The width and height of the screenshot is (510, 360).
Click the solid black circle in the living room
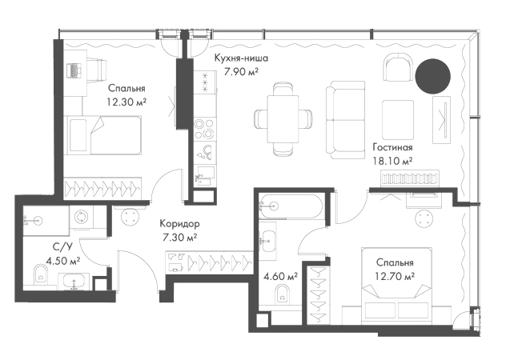coord(432,76)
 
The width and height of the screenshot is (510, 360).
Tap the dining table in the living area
coord(283,118)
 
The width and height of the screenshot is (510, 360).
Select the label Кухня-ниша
coord(241,58)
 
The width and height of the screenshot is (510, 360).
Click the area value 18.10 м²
coord(392,161)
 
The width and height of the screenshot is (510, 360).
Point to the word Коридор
coord(179,224)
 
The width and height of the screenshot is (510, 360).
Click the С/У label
coord(62,247)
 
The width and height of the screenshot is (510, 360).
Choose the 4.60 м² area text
coord(280,277)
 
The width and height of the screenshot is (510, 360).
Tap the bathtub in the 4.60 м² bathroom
coord(291,206)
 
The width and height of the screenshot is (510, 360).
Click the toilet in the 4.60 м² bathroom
coord(282,294)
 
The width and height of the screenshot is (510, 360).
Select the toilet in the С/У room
coord(41,274)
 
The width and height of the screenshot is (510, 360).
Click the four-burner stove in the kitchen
coord(205,129)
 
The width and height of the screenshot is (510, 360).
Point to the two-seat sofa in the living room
coord(345,120)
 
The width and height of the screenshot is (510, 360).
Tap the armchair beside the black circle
coord(398,67)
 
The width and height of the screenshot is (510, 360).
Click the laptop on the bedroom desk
coord(74,70)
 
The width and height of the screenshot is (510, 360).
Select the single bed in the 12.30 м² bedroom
coord(104,135)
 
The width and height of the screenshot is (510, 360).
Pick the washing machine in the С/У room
coord(82,217)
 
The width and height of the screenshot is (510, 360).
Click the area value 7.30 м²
coord(180,238)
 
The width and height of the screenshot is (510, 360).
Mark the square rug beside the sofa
coord(398,120)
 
